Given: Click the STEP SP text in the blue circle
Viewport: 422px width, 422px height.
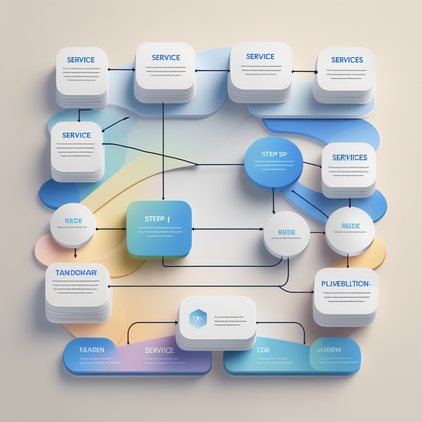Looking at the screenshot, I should point(274,154).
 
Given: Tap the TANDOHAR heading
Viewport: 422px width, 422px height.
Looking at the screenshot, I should point(76,272).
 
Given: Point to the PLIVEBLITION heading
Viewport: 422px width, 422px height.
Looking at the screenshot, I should point(346,284).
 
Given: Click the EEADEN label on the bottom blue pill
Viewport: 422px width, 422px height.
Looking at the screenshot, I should point(92,350).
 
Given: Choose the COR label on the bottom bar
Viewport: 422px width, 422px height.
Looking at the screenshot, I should point(263,350).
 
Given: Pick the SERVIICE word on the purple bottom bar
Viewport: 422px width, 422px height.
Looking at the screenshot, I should point(159,350).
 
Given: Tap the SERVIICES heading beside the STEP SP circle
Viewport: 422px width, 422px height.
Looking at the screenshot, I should point(350,157).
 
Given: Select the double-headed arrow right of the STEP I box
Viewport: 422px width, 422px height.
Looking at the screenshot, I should point(227,229).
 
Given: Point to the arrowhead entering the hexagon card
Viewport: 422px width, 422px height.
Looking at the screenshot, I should point(176,323).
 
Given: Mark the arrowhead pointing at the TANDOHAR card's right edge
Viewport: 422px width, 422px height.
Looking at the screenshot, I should point(110,286).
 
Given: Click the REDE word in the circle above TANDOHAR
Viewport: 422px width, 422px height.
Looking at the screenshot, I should point(73,221).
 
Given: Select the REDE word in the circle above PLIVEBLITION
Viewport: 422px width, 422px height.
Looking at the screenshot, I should point(350,226).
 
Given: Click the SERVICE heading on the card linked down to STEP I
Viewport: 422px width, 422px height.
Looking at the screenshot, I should point(166,58).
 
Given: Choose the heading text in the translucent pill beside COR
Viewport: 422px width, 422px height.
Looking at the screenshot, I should point(329,350).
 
